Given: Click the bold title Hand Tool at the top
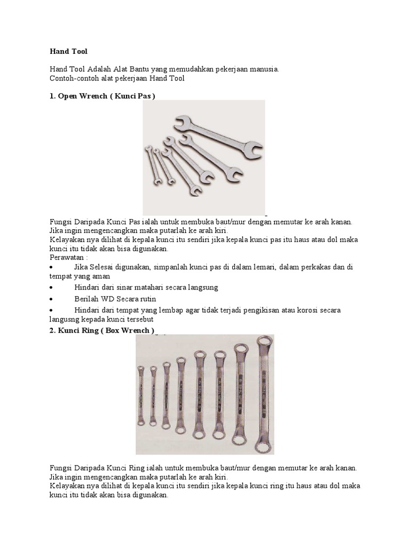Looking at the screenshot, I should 68,52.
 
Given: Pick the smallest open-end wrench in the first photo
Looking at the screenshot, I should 152,166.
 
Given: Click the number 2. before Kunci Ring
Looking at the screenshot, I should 53,331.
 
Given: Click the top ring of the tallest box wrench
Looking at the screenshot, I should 263,342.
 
